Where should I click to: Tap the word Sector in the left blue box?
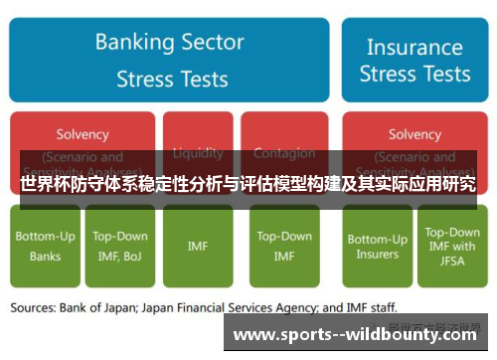coord(212,42)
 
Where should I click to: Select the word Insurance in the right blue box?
coord(415,46)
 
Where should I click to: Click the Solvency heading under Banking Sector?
coord(83,134)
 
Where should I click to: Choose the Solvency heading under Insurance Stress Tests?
coord(414,134)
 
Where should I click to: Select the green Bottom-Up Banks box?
coord(43,247)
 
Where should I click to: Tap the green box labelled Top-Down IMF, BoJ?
coord(120,247)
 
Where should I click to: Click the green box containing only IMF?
coord(198,247)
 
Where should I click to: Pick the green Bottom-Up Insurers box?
coord(377,247)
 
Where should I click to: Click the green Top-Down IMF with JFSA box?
coord(451,247)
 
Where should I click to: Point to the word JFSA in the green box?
coord(451,262)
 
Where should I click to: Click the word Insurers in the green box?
coord(377,255)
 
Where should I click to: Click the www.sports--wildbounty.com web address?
coord(359,334)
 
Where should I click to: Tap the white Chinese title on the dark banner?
coord(248,185)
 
